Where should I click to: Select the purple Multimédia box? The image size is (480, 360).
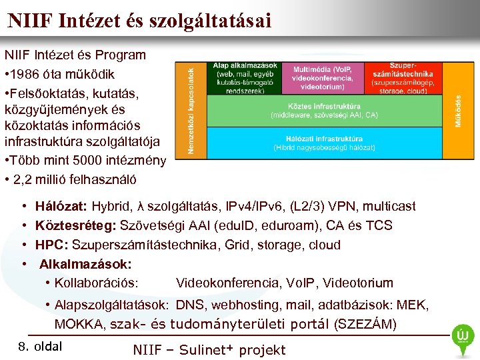[x=322, y=78]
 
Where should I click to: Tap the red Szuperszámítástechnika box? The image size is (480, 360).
[x=403, y=78]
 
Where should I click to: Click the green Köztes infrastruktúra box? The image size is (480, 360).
[x=323, y=111]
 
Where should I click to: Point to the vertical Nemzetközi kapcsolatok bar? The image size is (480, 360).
[x=190, y=110]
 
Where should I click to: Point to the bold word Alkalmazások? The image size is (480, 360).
[x=85, y=263]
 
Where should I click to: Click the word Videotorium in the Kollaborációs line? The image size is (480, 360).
[x=360, y=283]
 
